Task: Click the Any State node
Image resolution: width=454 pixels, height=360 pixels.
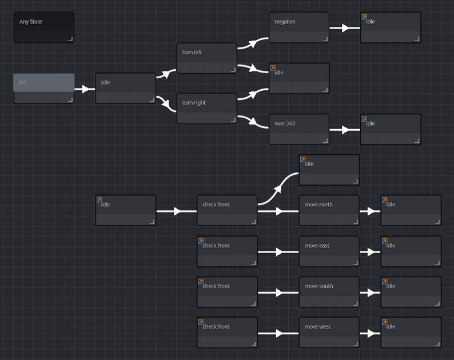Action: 43,27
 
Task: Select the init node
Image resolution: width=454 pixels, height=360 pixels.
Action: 43,89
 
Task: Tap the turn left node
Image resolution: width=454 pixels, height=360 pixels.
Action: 207,58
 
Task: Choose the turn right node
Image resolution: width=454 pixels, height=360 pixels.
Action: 207,109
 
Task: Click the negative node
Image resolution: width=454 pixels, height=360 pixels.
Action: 299,27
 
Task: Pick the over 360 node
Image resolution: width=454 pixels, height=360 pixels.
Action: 299,129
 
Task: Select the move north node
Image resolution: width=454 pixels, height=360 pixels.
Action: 329,210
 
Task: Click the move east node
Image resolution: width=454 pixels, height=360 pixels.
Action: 329,251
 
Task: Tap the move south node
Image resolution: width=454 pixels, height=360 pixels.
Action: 329,292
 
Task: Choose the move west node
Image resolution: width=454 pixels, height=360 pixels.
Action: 329,333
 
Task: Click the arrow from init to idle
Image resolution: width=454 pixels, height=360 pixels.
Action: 85,89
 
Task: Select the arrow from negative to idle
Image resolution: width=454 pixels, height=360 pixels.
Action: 345,28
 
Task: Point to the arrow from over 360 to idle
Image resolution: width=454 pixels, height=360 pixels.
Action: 345,130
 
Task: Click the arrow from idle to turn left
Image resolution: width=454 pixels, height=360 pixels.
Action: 166,74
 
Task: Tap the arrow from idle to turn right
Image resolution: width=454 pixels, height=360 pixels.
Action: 166,103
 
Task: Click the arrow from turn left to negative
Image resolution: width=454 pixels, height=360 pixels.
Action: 253,43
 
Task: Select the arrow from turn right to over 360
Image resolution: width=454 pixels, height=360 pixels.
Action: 253,122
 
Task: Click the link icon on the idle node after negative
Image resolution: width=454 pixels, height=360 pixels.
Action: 364,17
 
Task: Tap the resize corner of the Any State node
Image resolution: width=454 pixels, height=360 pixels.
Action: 70,39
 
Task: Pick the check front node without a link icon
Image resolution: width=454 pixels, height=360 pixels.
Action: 227,210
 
